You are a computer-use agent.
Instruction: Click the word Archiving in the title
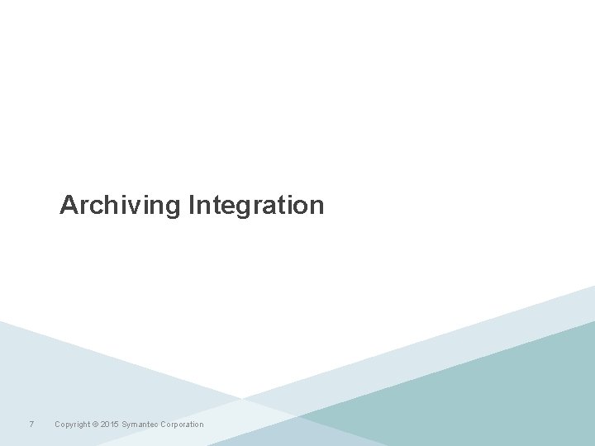tap(120, 205)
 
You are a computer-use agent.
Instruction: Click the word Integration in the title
tap(256, 205)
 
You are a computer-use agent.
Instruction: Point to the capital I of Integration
tap(192, 204)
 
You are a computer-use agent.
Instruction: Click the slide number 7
tap(31, 425)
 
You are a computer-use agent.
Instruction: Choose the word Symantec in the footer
tap(141, 425)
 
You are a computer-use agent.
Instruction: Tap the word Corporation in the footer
tap(183, 425)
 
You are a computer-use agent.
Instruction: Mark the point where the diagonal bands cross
tap(243, 399)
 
